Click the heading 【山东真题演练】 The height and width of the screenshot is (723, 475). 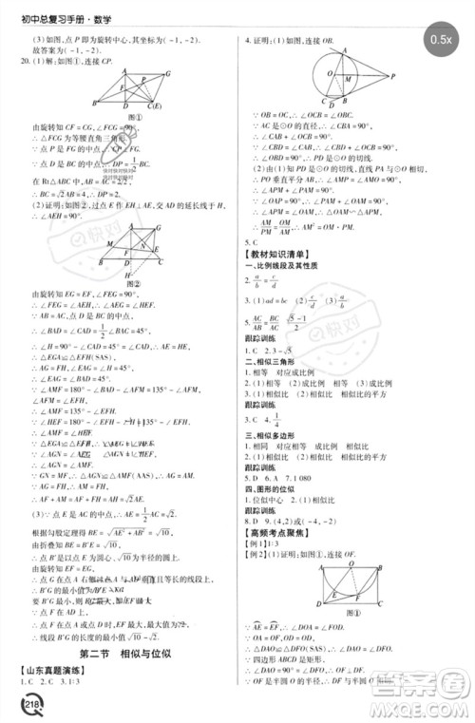(x=51, y=671)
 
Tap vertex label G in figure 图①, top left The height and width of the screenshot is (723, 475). (x=167, y=72)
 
